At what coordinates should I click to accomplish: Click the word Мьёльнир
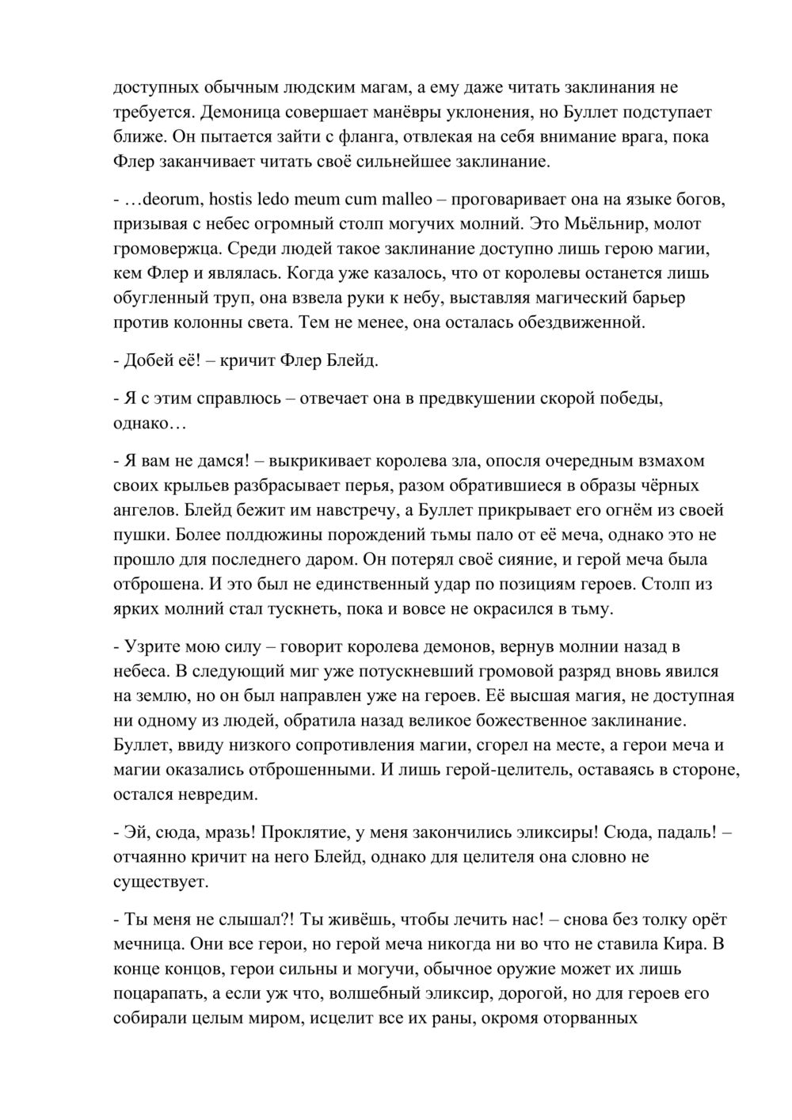point(589,223)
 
